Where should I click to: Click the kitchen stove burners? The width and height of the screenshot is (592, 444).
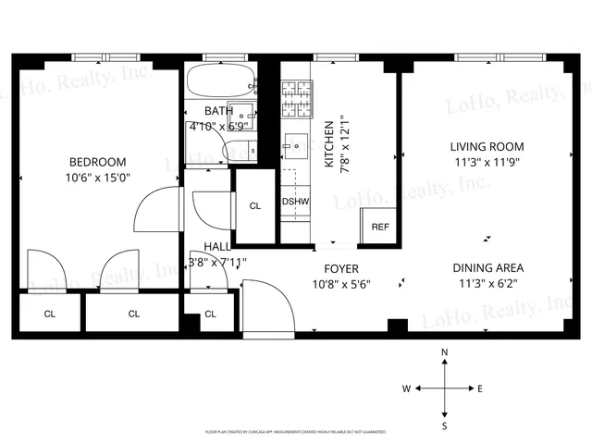click(x=297, y=100)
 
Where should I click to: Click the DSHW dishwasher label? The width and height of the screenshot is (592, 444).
click(x=295, y=202)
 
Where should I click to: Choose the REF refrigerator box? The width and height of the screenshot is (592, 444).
click(x=379, y=227)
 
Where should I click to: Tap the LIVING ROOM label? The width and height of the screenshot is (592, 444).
click(x=487, y=146)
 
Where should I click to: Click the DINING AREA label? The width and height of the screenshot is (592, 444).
click(x=487, y=268)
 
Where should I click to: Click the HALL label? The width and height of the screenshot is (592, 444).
click(x=217, y=247)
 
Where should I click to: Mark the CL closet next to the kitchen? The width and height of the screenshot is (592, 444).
click(x=254, y=205)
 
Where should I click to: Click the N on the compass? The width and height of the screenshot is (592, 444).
click(x=445, y=353)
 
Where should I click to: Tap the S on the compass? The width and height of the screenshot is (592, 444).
click(x=445, y=425)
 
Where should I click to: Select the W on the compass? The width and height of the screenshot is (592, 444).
click(x=405, y=389)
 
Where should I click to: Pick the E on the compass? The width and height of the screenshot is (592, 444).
click(x=479, y=389)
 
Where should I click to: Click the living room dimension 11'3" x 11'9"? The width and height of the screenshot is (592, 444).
click(x=487, y=163)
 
